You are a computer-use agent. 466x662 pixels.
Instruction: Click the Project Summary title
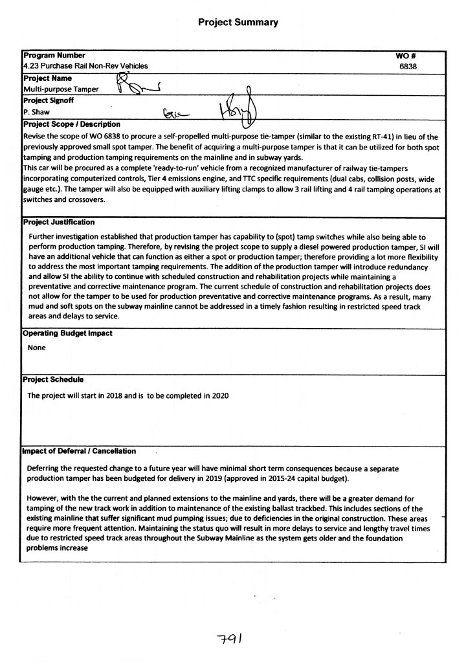pyautogui.click(x=238, y=22)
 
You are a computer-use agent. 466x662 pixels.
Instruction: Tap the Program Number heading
pyautogui.click(x=54, y=56)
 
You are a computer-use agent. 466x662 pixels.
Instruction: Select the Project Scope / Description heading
pyautogui.click(x=71, y=124)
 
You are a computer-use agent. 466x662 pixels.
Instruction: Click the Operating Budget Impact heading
pyautogui.click(x=67, y=333)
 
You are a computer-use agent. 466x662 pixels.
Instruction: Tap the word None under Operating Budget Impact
pyautogui.click(x=37, y=348)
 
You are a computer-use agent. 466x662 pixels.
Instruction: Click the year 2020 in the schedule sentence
pyautogui.click(x=219, y=395)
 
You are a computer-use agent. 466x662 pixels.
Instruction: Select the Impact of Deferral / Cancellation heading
pyautogui.click(x=79, y=450)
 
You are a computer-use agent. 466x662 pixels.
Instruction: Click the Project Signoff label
pyautogui.click(x=49, y=100)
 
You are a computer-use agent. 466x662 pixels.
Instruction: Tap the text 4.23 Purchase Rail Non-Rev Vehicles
pyautogui.click(x=85, y=66)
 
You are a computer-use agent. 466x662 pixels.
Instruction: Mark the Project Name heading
pyautogui.click(x=47, y=78)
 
